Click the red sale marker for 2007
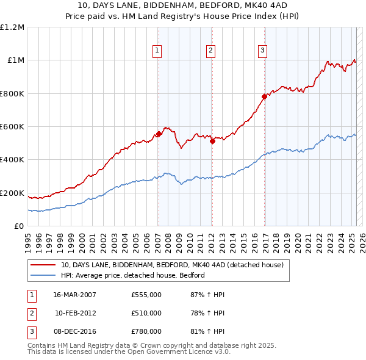click(x=159, y=134)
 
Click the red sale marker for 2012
click(x=212, y=142)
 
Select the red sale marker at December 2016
click(x=264, y=96)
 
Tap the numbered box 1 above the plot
click(x=157, y=51)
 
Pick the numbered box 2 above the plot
click(x=210, y=51)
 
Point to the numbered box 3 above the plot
click(x=262, y=51)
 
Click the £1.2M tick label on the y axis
click(x=12, y=27)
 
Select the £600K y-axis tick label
click(x=12, y=127)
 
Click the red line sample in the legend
click(x=44, y=265)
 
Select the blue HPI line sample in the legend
click(x=44, y=275)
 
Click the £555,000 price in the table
click(x=146, y=295)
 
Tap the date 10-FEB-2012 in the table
click(x=76, y=313)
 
